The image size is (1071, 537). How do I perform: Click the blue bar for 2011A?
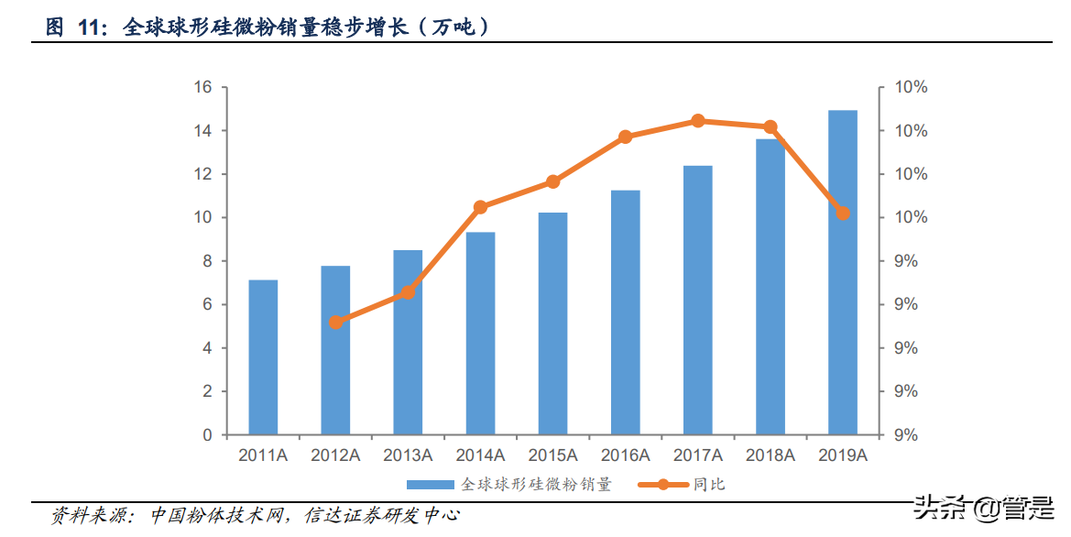[x=263, y=357]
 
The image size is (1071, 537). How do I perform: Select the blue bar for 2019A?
[x=842, y=273]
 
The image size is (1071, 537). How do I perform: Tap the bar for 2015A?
[x=552, y=323]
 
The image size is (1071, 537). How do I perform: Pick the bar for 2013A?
[x=408, y=342]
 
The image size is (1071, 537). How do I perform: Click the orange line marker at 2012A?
[x=336, y=322]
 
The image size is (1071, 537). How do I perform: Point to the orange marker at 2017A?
[x=698, y=121]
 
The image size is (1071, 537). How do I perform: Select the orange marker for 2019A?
[x=843, y=214]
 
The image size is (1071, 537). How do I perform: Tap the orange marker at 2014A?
[x=481, y=207]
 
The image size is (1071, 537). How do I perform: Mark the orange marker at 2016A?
[x=626, y=137]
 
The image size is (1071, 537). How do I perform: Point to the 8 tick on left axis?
[x=207, y=261]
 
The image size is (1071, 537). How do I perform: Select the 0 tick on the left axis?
[x=207, y=435]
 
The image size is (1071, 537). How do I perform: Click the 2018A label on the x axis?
[x=770, y=455]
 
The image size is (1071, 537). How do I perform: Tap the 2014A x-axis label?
[x=481, y=455]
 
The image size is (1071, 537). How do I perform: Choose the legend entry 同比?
[x=709, y=484]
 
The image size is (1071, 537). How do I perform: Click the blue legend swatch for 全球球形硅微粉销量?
[x=431, y=484]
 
